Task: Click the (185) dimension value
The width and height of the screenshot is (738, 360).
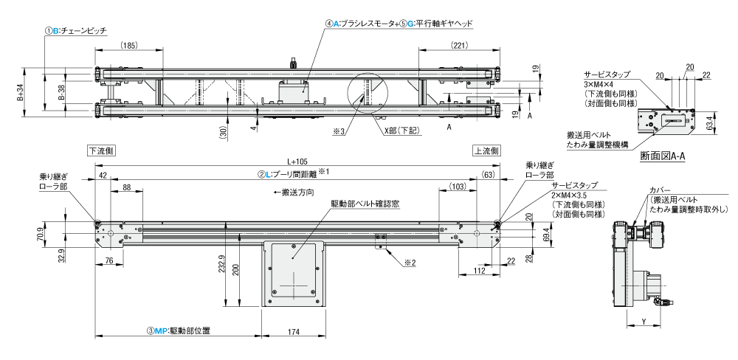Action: click(x=128, y=46)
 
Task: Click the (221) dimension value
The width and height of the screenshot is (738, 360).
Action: click(x=459, y=46)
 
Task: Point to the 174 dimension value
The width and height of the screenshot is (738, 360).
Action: click(x=293, y=333)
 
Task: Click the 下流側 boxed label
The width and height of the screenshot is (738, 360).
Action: click(x=100, y=149)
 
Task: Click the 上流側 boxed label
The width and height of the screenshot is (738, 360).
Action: click(x=486, y=149)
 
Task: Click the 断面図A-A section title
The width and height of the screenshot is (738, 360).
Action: click(x=663, y=156)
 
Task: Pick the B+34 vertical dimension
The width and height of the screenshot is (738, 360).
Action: click(x=22, y=92)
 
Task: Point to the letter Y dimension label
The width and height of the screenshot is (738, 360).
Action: click(x=644, y=321)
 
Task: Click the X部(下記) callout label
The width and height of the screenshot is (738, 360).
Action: click(x=401, y=131)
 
